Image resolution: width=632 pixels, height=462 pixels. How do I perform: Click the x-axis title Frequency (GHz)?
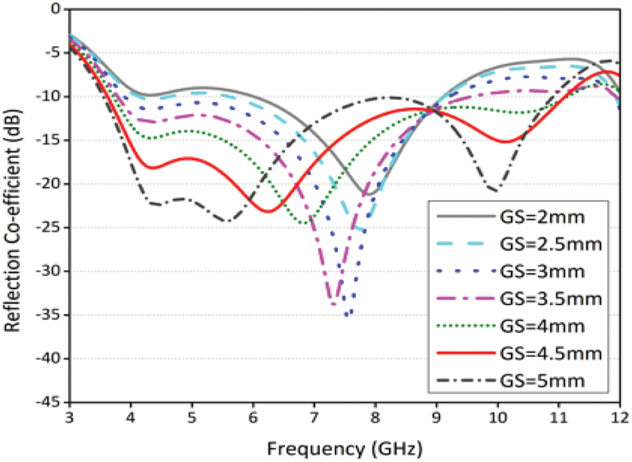pyautogui.click(x=344, y=445)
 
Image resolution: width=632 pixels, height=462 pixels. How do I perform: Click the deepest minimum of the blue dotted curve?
pyautogui.click(x=347, y=315)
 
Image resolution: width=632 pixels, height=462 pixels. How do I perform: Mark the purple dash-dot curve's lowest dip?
pyautogui.click(x=333, y=305)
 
